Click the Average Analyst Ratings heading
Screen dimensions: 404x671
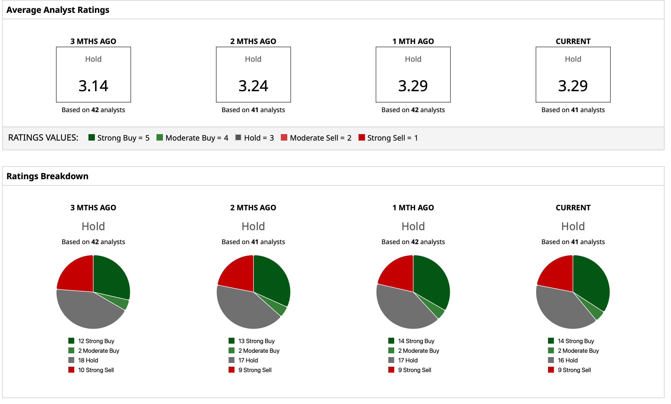point(58,10)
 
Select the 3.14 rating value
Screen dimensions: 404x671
point(93,86)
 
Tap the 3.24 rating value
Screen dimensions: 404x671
point(253,86)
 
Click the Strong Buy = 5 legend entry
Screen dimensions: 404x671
point(119,138)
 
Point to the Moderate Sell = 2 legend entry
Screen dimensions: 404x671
point(316,138)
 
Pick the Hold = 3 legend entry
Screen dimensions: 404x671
point(255,138)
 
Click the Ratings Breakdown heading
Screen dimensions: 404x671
point(47,176)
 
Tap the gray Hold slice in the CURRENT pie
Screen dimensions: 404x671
point(563,308)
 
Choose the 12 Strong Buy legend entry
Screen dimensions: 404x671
point(92,341)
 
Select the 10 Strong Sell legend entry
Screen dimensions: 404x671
point(91,370)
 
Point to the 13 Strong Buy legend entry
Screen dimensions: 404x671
point(252,341)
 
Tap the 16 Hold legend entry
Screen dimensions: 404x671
point(563,360)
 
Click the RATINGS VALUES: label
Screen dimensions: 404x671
point(43,138)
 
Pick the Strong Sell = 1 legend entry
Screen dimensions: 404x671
point(388,138)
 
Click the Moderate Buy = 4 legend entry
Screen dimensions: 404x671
point(192,138)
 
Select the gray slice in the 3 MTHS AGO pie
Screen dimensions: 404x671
point(87,310)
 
